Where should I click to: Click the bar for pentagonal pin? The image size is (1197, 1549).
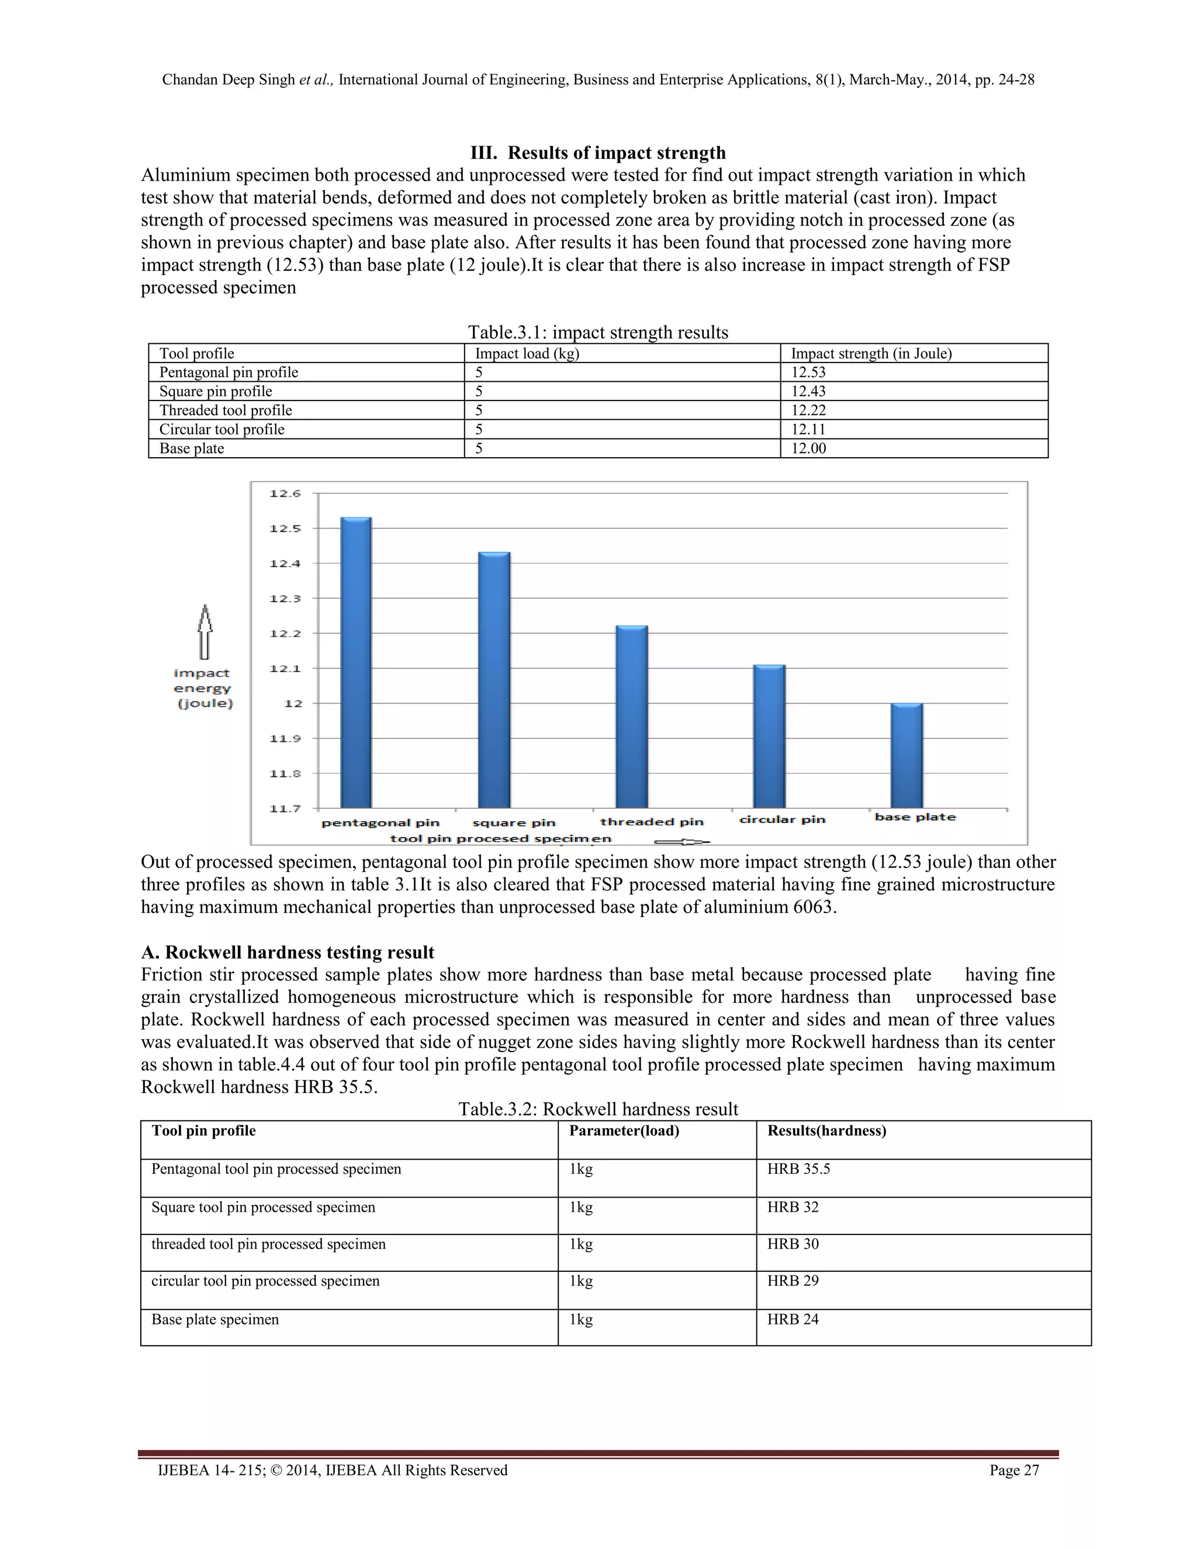[356, 663]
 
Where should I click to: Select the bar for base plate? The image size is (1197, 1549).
[907, 755]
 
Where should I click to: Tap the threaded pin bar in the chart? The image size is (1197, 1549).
[631, 717]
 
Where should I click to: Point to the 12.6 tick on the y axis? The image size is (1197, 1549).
[285, 494]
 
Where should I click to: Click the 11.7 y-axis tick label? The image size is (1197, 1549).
[285, 808]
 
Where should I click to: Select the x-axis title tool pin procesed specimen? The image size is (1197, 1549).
[500, 838]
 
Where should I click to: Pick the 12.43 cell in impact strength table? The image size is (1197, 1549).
[808, 392]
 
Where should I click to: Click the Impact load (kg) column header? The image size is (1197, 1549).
[527, 353]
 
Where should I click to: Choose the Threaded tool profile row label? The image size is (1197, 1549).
[226, 410]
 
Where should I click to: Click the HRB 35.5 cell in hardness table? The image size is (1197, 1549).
[798, 1169]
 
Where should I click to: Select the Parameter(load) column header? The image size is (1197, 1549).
[624, 1130]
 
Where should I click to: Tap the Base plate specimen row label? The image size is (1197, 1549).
[215, 1319]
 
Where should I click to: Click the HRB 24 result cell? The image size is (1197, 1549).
[793, 1319]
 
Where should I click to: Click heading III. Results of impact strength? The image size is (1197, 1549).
[598, 153]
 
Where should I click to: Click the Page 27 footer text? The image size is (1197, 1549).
[1014, 1470]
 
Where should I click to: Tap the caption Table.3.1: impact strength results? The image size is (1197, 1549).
[598, 332]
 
